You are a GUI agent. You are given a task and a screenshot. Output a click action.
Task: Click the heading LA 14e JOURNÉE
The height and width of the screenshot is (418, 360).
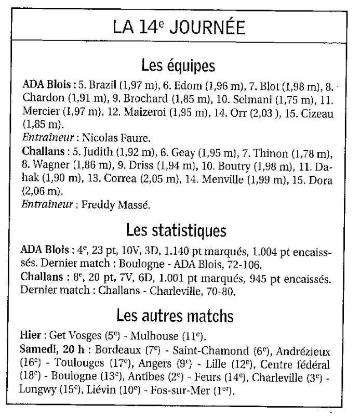point(179,28)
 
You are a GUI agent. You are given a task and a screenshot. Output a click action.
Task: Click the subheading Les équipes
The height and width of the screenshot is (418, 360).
point(179,66)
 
